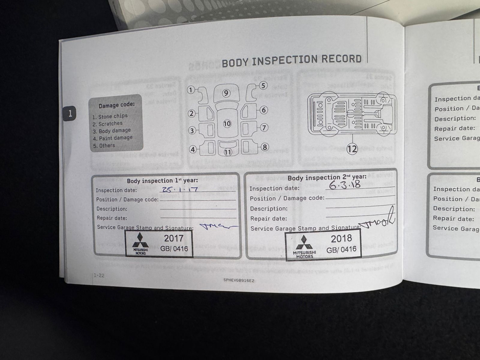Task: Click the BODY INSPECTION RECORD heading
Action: tap(291, 61)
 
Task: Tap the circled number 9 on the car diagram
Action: tap(226, 93)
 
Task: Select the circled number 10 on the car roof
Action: tap(227, 123)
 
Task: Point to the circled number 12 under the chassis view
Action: tap(352, 149)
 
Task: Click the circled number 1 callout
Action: tap(191, 90)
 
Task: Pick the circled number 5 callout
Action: tap(263, 86)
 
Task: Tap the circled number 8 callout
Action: tap(265, 147)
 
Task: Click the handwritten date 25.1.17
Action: tap(180, 189)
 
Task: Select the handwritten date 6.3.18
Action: tap(344, 185)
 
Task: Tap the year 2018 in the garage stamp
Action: tap(341, 238)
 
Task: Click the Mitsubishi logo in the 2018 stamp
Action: tap(304, 244)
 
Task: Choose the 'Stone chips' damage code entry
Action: tap(110, 116)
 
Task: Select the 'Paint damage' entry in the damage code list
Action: tap(113, 138)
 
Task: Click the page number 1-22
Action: tap(99, 276)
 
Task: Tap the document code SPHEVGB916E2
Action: tap(238, 280)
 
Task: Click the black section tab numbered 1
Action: tap(70, 113)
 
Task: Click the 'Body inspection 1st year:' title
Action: tap(162, 181)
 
